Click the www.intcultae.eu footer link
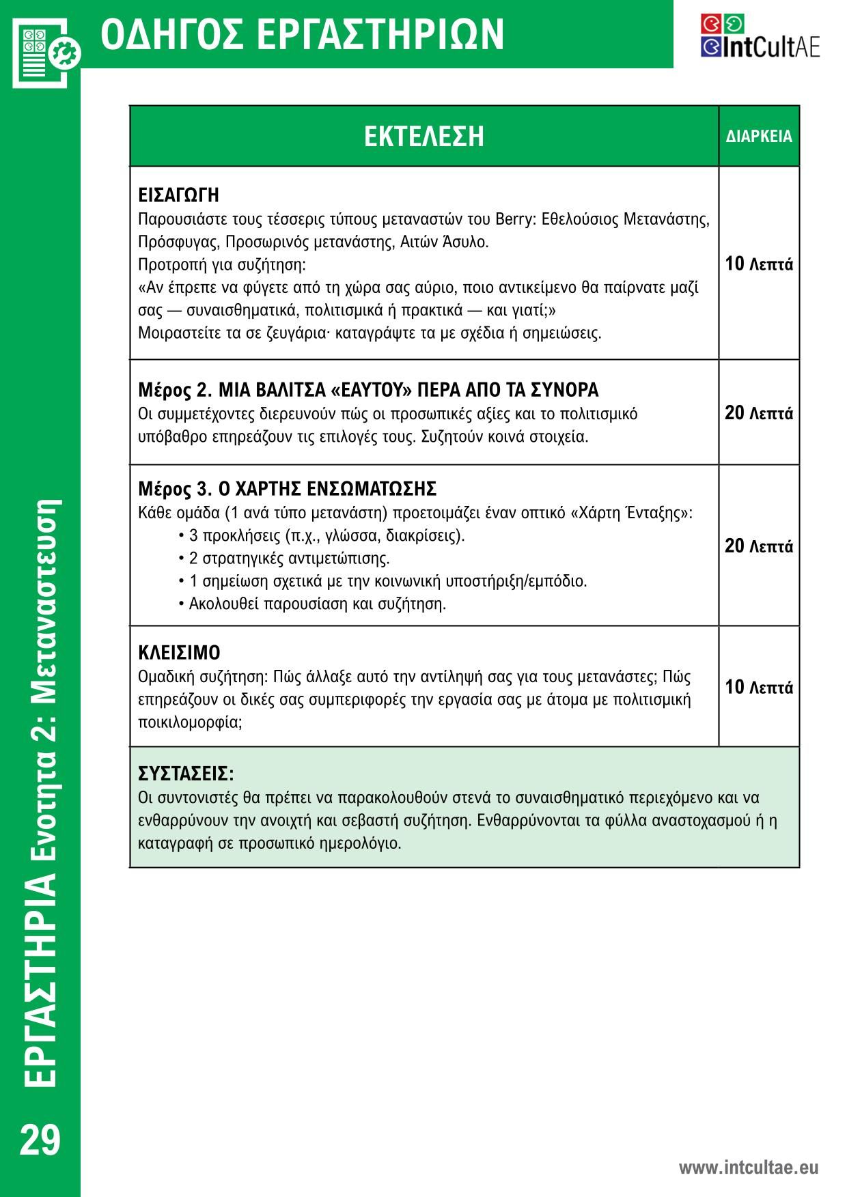[748, 1167]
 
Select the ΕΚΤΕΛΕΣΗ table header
[423, 136]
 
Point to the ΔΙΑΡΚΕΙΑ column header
[759, 137]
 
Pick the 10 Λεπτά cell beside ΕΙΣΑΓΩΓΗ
[759, 264]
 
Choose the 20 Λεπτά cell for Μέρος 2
[759, 413]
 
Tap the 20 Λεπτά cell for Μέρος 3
[759, 546]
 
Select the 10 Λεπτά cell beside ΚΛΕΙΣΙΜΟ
[759, 687]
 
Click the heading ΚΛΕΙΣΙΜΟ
[179, 653]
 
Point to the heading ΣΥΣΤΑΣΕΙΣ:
[186, 774]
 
